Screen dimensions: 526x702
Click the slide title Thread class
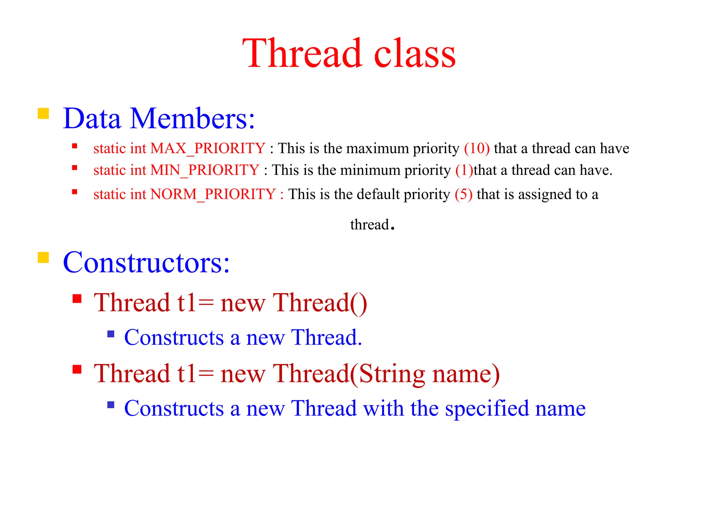click(349, 54)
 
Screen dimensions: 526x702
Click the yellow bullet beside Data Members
click(43, 113)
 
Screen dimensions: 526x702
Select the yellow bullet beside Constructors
click(43, 257)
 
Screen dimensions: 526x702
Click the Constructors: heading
click(146, 263)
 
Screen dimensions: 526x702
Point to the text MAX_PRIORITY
click(208, 149)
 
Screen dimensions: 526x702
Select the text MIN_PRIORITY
click(205, 170)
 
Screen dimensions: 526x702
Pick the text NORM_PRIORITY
click(213, 195)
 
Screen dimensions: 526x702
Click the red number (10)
click(476, 149)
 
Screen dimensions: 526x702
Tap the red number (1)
click(464, 170)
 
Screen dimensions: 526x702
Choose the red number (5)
click(463, 195)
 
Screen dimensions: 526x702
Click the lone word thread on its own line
click(369, 225)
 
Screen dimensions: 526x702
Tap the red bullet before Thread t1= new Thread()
click(77, 299)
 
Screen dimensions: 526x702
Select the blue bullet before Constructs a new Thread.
click(111, 334)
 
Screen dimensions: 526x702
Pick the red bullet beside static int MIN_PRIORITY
click(75, 168)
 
